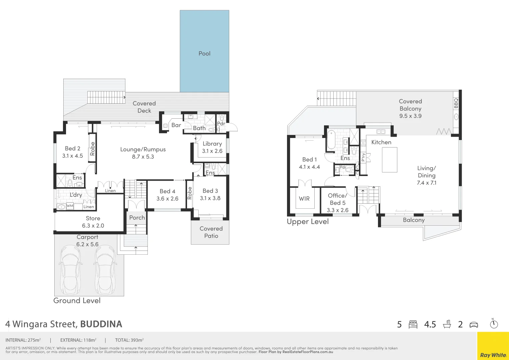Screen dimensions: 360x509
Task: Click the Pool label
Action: [x=204, y=54]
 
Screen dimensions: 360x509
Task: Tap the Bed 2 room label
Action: [x=72, y=149]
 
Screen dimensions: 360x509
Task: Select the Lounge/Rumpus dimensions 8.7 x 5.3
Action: [x=143, y=157]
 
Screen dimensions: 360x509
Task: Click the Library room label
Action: [x=212, y=144]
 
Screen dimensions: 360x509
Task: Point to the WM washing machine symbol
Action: [x=70, y=206]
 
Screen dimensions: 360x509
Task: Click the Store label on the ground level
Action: [x=93, y=218]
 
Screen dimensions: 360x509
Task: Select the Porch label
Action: [x=137, y=218]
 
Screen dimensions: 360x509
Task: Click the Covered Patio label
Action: [x=211, y=232]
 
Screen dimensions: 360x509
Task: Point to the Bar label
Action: [x=176, y=125]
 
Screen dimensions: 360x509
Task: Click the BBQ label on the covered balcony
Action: [x=456, y=103]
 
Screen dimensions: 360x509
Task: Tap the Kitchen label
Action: [x=381, y=142]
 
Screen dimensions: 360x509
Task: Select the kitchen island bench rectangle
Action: [x=389, y=160]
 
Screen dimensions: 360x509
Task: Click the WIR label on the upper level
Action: [x=304, y=199]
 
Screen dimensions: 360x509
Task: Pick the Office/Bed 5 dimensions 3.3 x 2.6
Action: [x=337, y=210]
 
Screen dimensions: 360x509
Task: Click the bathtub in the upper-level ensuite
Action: [x=331, y=140]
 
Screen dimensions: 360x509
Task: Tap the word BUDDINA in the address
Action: [x=101, y=324]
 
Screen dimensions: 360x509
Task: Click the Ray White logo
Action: [x=493, y=355]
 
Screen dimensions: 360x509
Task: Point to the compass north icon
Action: [x=494, y=324]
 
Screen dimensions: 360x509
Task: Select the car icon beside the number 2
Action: [x=474, y=325]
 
